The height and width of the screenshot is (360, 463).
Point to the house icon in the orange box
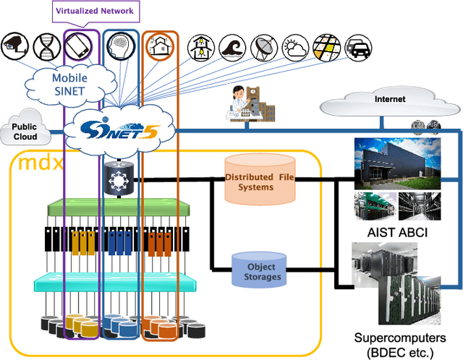158,47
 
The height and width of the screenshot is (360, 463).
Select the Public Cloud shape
24,131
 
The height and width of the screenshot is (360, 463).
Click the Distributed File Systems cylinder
260,181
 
